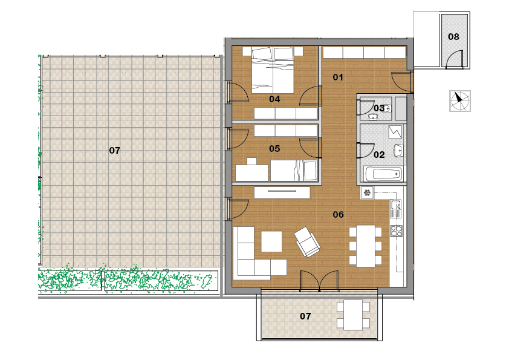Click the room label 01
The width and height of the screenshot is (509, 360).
coord(338,77)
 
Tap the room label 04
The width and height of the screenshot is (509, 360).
coord(274,99)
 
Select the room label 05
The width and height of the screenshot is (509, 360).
coord(274,149)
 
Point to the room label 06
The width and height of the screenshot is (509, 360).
coord(339,215)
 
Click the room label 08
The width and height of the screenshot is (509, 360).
coord(453,37)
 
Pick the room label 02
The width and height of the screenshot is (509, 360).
coord(379,155)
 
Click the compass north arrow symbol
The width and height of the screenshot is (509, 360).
coord(460,101)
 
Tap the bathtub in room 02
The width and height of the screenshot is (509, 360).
coord(383,174)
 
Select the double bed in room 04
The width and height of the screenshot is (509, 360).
coord(273,70)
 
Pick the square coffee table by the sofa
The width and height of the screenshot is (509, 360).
coord(271,241)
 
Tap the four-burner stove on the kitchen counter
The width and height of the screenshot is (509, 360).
coord(396,231)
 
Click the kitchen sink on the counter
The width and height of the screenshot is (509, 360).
coord(396,209)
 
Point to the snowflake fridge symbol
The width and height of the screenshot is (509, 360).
coord(367,193)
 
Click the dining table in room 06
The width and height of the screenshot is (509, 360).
coord(366,246)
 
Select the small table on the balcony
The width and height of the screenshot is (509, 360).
coord(353,315)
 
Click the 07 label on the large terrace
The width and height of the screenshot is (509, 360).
coord(115,151)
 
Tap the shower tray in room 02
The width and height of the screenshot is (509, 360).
coord(395,132)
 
